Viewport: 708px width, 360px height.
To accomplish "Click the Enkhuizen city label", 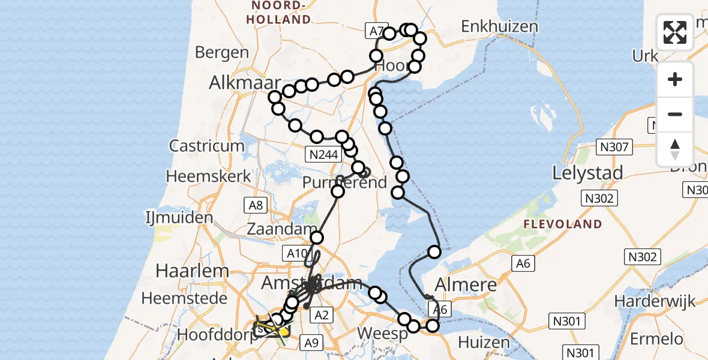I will pos(499,26).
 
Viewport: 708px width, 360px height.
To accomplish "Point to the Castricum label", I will pos(207,146).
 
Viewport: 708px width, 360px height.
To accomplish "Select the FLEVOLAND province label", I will pos(562,224).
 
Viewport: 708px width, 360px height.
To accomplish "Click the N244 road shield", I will pos(322,155).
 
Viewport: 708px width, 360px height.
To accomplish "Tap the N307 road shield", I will pos(612,146).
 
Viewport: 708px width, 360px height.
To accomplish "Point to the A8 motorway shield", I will pos(256,206).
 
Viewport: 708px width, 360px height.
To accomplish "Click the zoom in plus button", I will pos(675,79).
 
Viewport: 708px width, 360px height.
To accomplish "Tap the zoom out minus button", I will pos(675,114).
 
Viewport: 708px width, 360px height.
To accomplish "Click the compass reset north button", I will pos(675,149).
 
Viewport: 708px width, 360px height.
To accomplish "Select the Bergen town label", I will pos(222,52).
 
